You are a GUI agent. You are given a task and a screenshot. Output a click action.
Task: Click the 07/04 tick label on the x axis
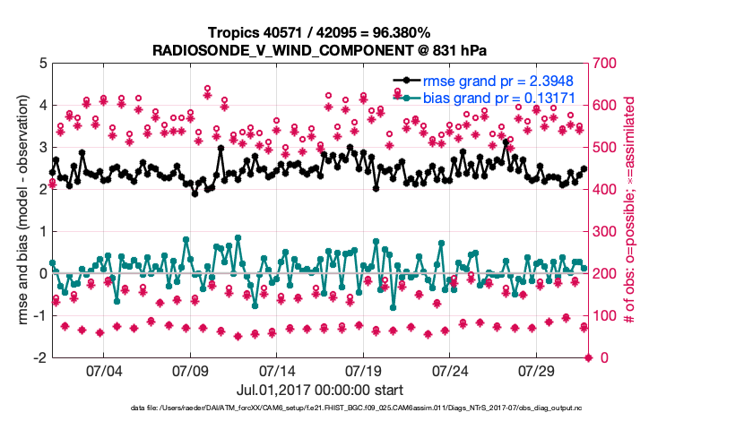pyautogui.click(x=103, y=370)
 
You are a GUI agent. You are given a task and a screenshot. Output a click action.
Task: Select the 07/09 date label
pyautogui.click(x=190, y=370)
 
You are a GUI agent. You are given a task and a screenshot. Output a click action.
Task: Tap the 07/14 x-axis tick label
pyautogui.click(x=277, y=370)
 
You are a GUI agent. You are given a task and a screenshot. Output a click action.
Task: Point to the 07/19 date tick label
pyautogui.click(x=363, y=370)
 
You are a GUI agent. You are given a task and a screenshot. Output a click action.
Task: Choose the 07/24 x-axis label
pyautogui.click(x=450, y=370)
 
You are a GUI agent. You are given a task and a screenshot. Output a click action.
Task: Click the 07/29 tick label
pyautogui.click(x=536, y=370)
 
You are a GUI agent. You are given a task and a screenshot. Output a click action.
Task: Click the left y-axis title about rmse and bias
pyautogui.click(x=19, y=210)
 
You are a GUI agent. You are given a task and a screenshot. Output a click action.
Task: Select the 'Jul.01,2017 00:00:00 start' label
pyautogui.click(x=320, y=390)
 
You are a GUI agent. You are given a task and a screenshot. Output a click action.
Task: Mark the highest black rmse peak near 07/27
pyautogui.click(x=506, y=142)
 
